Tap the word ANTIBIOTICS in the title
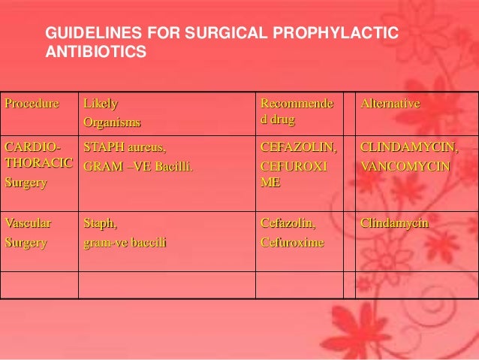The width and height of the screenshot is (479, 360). [96, 54]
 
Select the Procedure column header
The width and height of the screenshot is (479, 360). [32, 103]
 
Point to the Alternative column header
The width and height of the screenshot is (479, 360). [390, 103]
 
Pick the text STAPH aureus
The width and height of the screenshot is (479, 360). [125, 147]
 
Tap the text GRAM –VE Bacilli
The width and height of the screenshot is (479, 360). [137, 163]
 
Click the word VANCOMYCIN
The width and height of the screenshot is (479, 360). [406, 163]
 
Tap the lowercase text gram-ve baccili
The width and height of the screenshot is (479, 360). [125, 243]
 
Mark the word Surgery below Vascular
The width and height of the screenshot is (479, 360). [26, 243]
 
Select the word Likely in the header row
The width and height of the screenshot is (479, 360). [101, 103]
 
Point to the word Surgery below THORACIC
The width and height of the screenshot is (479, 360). [26, 181]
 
